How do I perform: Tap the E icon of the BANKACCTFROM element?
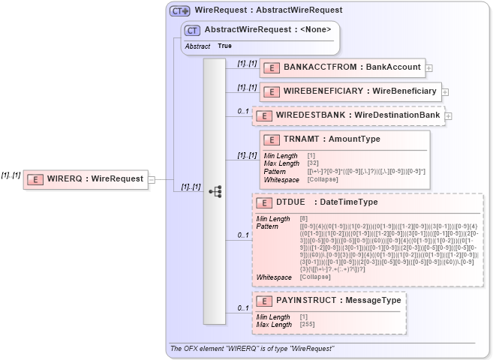tap(272, 67)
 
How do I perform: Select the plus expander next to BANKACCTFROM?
tap(429, 67)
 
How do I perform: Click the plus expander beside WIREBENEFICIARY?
tap(445, 91)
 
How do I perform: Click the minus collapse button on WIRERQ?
tap(152, 179)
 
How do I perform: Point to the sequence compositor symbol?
tap(215, 191)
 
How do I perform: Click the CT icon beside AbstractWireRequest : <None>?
tap(193, 30)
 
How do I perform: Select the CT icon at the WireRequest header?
tap(179, 10)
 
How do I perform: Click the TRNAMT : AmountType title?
tap(332, 139)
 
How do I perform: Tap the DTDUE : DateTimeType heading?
tap(326, 202)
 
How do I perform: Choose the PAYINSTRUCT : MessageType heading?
tap(338, 301)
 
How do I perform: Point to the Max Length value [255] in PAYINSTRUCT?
tap(307, 325)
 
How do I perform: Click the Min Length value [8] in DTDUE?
tap(303, 219)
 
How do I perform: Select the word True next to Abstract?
tap(224, 46)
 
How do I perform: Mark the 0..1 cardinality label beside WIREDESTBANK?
tap(243, 111)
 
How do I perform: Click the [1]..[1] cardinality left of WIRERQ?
tap(11, 174)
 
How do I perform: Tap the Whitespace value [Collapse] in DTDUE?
tap(314, 277)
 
